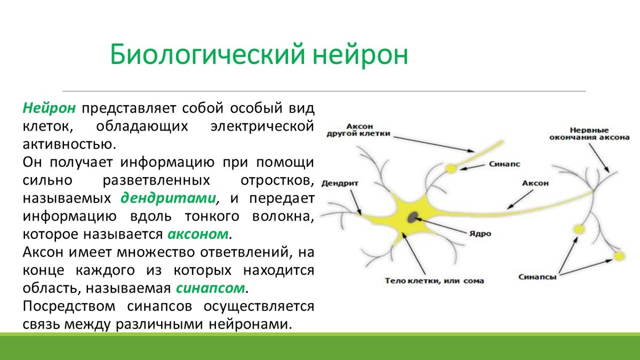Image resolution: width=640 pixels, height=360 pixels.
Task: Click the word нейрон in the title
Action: click(x=360, y=54)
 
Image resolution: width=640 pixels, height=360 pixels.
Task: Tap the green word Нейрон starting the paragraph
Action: click(x=49, y=108)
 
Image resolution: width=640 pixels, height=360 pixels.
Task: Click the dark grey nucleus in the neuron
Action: click(x=412, y=218)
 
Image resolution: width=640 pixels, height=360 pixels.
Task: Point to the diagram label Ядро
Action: click(x=480, y=234)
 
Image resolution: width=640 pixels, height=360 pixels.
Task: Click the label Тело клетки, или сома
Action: click(x=434, y=281)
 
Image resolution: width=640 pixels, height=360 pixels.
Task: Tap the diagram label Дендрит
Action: click(x=340, y=183)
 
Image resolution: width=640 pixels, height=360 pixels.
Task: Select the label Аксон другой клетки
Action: click(x=358, y=130)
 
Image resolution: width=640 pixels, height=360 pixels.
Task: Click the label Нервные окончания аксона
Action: click(x=589, y=134)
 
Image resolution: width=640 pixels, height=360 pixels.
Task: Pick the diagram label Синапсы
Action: click(x=538, y=277)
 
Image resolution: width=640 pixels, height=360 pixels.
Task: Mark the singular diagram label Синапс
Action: click(x=505, y=164)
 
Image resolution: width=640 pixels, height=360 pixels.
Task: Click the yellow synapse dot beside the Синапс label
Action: click(x=451, y=169)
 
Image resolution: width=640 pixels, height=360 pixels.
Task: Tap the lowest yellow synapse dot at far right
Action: click(x=619, y=255)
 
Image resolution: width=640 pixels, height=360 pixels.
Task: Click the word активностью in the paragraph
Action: click(x=69, y=145)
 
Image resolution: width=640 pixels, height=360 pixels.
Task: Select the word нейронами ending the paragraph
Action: click(x=250, y=324)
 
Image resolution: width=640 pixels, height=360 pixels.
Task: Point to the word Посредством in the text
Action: click(x=69, y=306)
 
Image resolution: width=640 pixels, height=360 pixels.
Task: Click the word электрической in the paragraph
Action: click(x=262, y=126)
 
